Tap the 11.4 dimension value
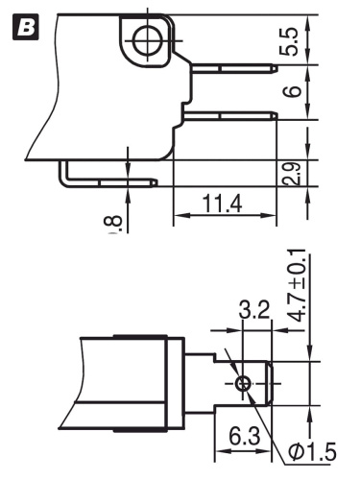(x=221, y=204)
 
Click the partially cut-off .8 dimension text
(x=114, y=223)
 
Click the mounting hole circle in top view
(x=146, y=40)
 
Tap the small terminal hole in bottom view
(x=244, y=383)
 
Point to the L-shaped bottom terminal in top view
(x=106, y=179)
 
